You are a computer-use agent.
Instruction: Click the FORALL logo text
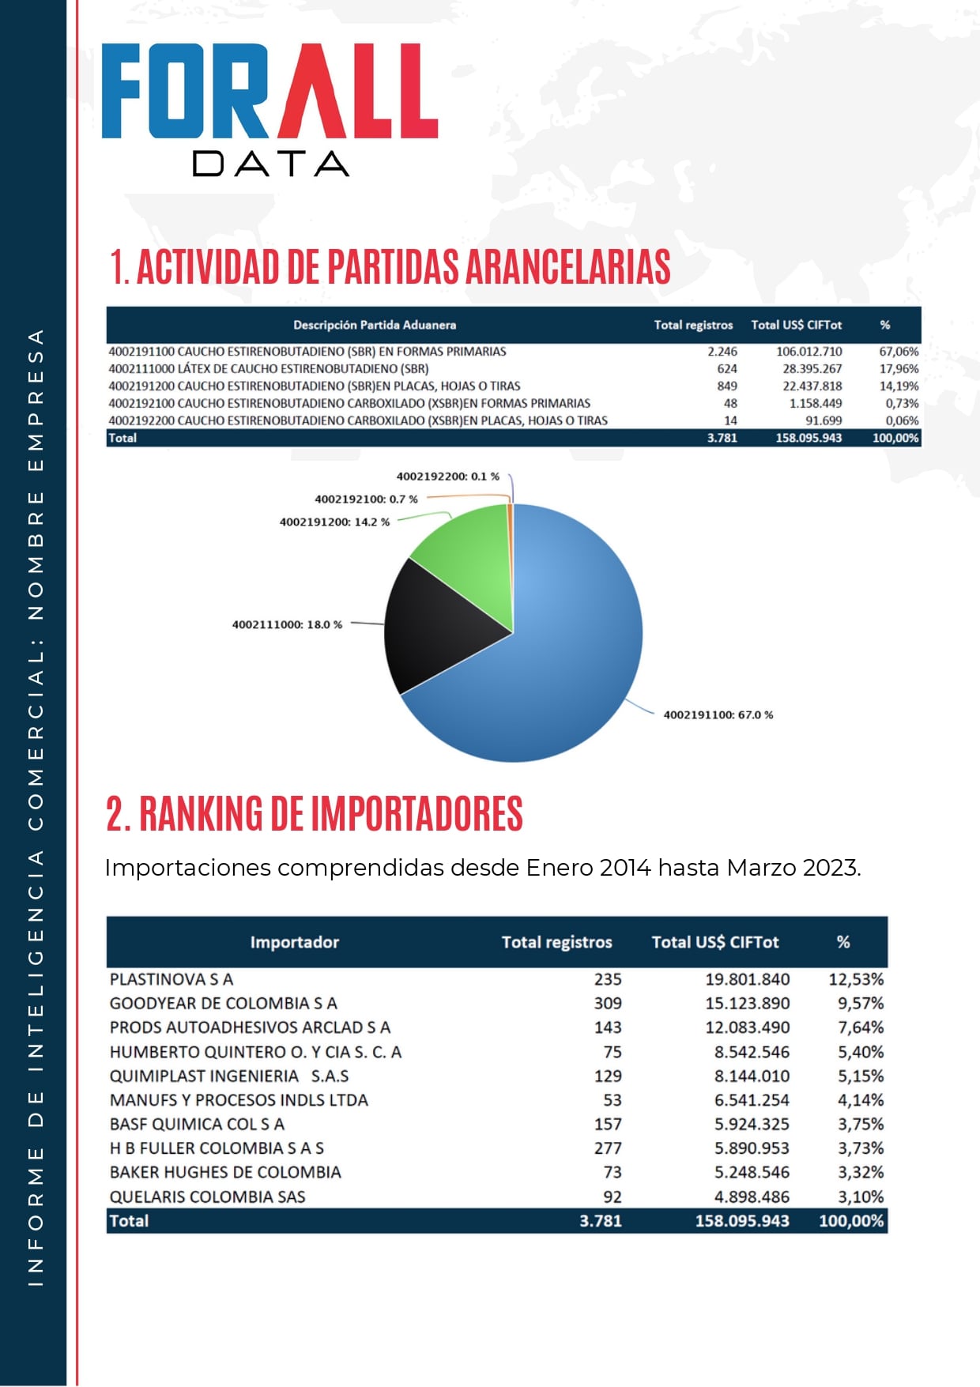(x=269, y=92)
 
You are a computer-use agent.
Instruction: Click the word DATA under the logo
(x=269, y=164)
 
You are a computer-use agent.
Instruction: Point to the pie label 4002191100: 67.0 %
(x=718, y=714)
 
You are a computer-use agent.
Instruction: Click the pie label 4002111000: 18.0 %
(x=287, y=624)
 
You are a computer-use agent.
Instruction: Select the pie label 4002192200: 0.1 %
(x=447, y=477)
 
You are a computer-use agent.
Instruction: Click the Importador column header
(x=294, y=942)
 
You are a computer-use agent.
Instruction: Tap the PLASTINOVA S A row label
(x=171, y=979)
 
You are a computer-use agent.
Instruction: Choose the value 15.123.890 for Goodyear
(x=747, y=1004)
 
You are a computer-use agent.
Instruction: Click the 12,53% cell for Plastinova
(x=855, y=979)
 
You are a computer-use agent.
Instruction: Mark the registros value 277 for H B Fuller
(x=608, y=1148)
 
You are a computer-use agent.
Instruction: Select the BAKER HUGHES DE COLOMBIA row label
(x=225, y=1172)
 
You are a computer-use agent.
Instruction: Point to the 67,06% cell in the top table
(x=899, y=352)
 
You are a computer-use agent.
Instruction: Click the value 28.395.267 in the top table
(x=812, y=369)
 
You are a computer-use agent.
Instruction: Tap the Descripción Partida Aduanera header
(x=375, y=325)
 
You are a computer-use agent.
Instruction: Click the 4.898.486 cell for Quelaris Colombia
(x=752, y=1197)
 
